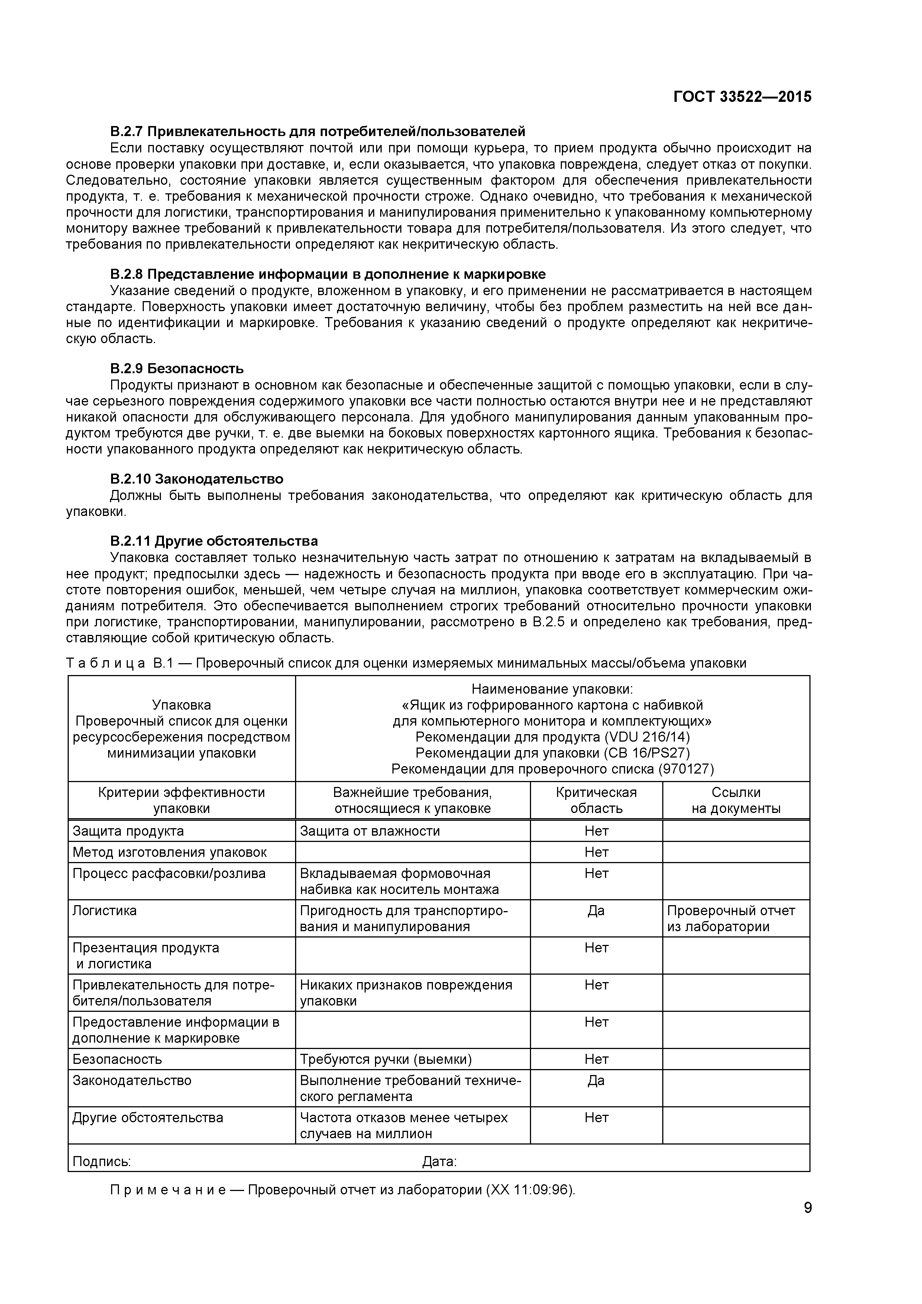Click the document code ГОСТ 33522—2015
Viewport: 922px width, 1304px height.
coord(742,97)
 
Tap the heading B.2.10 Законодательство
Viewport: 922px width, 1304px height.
coord(197,479)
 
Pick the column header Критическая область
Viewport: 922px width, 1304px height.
coord(596,800)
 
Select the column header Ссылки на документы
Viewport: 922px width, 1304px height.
coord(736,800)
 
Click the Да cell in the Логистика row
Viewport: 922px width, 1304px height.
coord(596,911)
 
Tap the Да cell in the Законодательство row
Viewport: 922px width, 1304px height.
coord(596,1080)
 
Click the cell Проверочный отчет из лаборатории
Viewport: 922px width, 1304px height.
coord(731,919)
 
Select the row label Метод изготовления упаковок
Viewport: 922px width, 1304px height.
coord(169,852)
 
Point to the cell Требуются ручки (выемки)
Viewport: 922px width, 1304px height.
coord(385,1059)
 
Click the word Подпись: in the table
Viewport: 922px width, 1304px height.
coord(101,1162)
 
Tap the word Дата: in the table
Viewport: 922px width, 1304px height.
coord(439,1162)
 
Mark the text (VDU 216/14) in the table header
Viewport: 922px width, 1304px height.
coord(647,737)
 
